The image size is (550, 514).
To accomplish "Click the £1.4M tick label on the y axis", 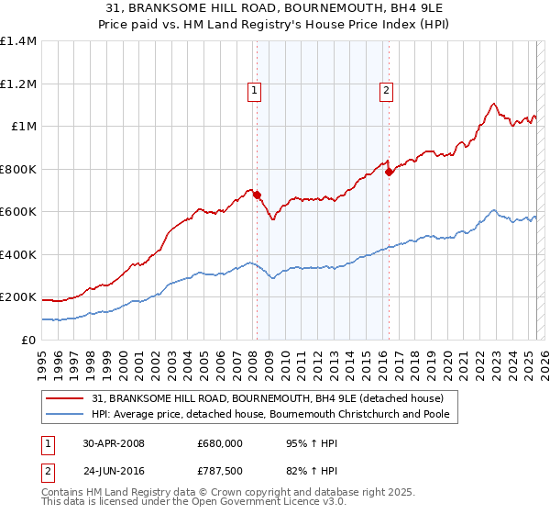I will [x=18, y=41].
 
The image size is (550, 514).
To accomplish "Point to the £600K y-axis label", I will [x=18, y=211].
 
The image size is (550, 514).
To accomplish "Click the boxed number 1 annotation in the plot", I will [x=253, y=90].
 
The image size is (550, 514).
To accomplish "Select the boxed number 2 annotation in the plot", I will [x=387, y=90].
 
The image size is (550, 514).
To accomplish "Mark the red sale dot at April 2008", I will [x=258, y=195].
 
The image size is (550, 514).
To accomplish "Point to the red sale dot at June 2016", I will [x=389, y=172].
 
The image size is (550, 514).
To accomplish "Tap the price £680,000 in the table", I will [x=219, y=443].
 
